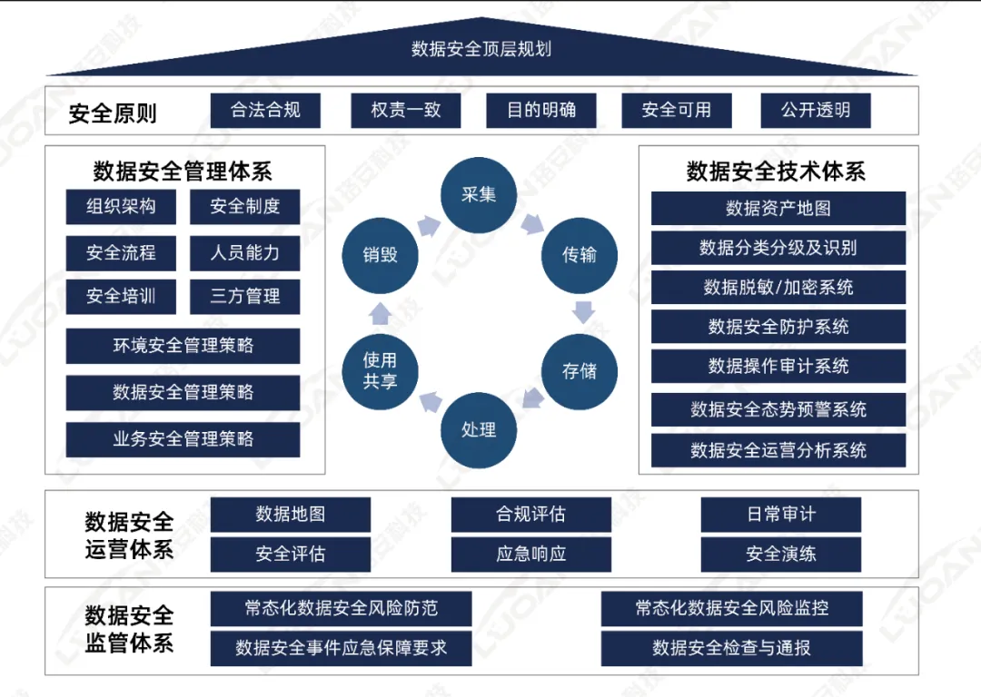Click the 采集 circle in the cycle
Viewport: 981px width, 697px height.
coord(479,195)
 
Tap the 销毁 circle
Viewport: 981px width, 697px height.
coord(380,255)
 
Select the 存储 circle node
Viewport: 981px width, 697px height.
coord(579,371)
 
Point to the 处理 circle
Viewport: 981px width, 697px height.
coord(479,429)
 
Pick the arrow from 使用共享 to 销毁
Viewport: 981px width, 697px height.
coord(381,313)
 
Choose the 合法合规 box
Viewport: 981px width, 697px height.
coord(265,111)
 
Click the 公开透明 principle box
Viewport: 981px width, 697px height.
coord(815,111)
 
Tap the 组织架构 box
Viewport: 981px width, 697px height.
coord(122,207)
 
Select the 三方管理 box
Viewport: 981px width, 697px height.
coord(244,297)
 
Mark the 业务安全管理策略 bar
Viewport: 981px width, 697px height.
coord(183,439)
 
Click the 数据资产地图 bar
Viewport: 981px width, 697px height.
coord(778,209)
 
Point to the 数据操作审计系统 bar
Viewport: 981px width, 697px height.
coord(778,367)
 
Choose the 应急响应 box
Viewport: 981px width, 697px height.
coord(530,554)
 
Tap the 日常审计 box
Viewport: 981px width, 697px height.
coord(780,515)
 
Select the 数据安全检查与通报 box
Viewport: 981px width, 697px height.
coord(731,648)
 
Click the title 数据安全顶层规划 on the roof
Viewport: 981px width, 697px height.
coord(481,49)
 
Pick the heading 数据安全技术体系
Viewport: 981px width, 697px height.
coord(777,172)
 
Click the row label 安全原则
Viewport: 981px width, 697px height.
coord(113,113)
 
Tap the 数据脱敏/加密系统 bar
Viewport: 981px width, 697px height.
coord(778,288)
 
